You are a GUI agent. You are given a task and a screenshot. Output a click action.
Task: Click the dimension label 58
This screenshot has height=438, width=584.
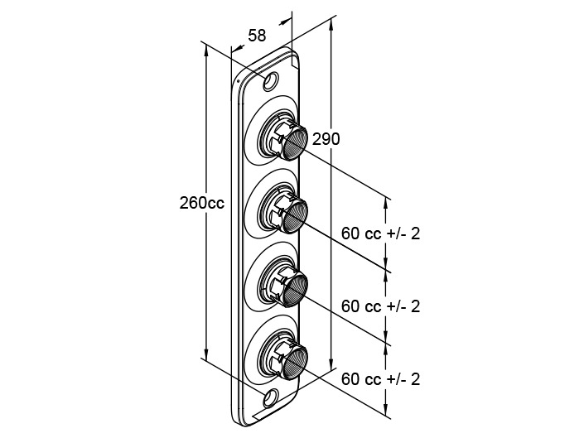click(x=257, y=36)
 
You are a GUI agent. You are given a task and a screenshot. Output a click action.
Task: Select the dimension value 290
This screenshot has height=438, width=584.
click(x=326, y=139)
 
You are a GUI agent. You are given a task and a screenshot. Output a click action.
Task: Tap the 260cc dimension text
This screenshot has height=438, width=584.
click(x=202, y=203)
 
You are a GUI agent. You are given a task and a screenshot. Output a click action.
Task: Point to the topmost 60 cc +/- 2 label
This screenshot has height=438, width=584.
click(x=381, y=233)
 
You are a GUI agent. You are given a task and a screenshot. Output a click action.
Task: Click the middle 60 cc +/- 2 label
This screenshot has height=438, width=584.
click(x=381, y=306)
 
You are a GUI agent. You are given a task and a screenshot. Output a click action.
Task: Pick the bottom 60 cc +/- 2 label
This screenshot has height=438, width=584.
click(x=381, y=379)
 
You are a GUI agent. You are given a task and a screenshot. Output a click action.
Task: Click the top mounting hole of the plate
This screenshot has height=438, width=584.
click(x=271, y=81)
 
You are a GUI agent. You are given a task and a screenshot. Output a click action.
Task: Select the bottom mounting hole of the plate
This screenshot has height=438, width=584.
click(x=271, y=397)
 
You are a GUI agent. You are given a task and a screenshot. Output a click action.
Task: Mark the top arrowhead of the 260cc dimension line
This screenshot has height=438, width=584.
click(x=206, y=51)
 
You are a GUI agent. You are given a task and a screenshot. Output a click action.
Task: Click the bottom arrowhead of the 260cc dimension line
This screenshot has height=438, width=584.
click(x=206, y=354)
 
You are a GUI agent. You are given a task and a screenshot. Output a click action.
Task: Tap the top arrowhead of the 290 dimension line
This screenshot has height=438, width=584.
click(x=331, y=26)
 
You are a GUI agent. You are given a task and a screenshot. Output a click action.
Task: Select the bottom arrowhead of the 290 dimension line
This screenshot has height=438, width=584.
click(x=331, y=363)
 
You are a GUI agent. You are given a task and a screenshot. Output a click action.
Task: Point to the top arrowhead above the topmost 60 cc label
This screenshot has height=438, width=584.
click(x=386, y=205)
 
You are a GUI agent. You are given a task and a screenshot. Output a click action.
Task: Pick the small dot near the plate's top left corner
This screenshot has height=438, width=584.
click(x=239, y=79)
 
